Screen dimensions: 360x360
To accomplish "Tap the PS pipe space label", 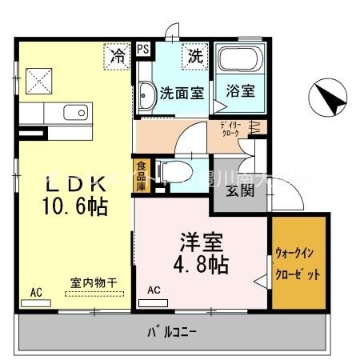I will point(143,50).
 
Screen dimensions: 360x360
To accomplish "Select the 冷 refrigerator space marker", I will point(118,57).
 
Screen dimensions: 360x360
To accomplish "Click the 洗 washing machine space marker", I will point(195,56).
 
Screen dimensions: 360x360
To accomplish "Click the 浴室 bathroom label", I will point(240,90).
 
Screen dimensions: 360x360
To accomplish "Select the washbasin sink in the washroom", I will point(146,94).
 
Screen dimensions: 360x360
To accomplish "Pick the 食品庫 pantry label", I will point(141,176).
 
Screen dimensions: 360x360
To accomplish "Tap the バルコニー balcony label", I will point(172,330).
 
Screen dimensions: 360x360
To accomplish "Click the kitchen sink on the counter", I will point(71,114).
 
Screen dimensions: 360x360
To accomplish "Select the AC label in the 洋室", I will point(154,291).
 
